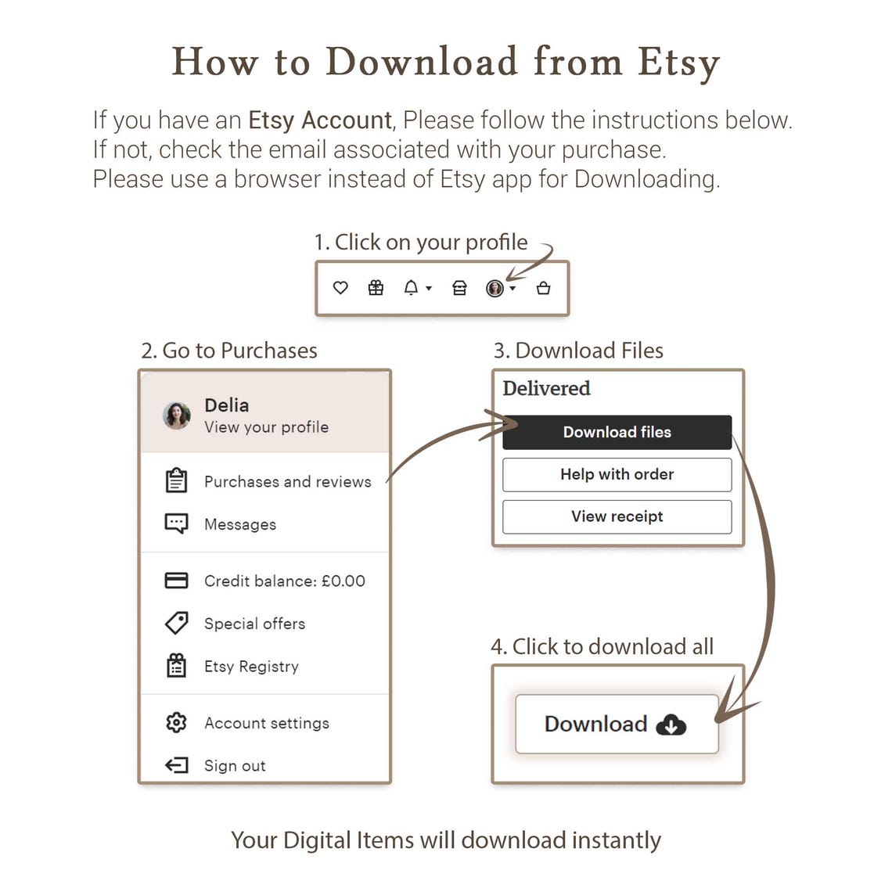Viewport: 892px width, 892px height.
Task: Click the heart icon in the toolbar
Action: pos(340,288)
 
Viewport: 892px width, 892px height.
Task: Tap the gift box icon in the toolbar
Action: pos(376,288)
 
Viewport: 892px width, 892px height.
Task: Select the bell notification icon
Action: pos(411,288)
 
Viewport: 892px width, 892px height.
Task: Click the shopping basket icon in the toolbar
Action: pos(543,288)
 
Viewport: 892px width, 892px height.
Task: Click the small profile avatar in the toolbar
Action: pos(495,289)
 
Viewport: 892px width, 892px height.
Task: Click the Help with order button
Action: pos(617,474)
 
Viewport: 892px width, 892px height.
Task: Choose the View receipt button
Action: pos(617,516)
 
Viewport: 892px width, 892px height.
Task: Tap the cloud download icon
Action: pos(671,725)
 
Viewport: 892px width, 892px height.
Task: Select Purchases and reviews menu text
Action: pos(288,482)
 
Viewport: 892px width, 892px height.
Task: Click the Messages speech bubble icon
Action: pos(176,523)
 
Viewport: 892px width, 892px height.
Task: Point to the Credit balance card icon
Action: pos(176,581)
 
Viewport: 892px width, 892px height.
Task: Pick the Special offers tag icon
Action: pos(176,623)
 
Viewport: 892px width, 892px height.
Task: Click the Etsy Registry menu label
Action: pos(251,666)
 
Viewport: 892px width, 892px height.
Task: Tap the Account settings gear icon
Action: pos(176,722)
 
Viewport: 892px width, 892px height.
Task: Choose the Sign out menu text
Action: pos(235,766)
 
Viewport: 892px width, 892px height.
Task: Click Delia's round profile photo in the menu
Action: pos(177,415)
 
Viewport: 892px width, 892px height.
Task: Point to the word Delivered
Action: pos(547,389)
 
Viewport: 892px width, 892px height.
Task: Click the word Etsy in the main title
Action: pos(678,63)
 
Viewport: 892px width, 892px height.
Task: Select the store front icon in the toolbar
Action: pos(459,288)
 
